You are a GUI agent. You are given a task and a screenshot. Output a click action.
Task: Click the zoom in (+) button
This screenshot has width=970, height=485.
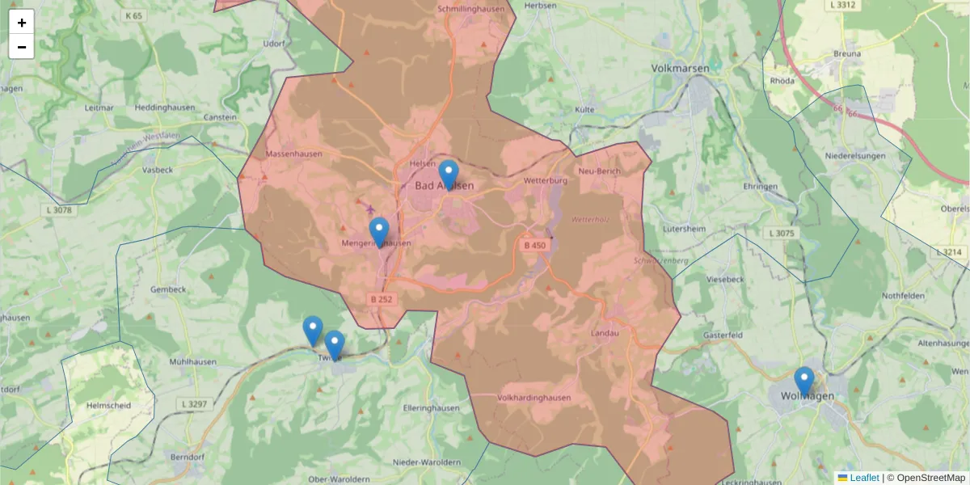(22, 23)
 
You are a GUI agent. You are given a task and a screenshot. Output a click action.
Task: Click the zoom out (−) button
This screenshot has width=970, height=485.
(22, 47)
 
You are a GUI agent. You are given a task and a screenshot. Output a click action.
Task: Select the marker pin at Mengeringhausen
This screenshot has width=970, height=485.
(378, 232)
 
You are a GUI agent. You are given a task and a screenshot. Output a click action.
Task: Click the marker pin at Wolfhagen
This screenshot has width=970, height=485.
(803, 381)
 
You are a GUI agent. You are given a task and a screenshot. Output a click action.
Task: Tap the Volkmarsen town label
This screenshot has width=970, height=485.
(680, 69)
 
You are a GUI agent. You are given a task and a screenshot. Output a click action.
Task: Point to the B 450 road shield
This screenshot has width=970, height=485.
(534, 245)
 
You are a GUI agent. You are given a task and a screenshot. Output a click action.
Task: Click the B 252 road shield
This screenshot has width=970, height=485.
(383, 299)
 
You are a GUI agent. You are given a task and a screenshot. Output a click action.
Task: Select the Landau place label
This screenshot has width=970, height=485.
(605, 333)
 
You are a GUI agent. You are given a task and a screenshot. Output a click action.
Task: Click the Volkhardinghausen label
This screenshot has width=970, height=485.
(534, 398)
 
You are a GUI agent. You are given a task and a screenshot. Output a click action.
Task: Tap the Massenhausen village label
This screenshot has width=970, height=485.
(293, 154)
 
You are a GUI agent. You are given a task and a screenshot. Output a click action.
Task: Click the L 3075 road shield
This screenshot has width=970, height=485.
(782, 234)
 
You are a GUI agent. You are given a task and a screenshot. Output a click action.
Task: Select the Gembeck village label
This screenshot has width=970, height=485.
(168, 289)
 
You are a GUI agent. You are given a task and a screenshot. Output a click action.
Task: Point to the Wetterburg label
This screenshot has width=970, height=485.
(546, 180)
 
